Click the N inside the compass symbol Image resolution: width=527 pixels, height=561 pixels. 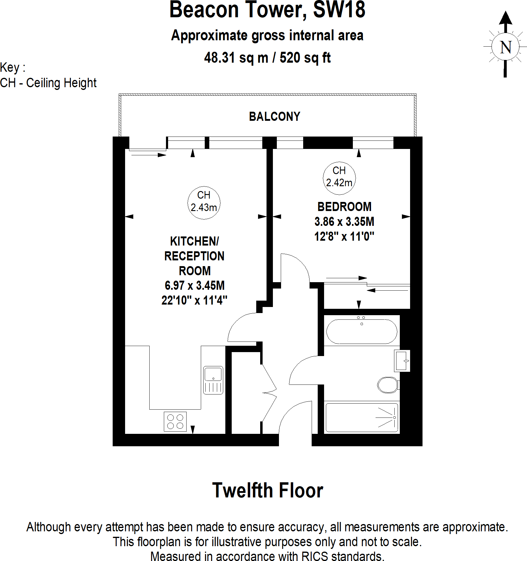click(505, 48)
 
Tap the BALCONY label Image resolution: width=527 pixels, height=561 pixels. click(274, 117)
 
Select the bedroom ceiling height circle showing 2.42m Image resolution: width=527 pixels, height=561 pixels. click(339, 178)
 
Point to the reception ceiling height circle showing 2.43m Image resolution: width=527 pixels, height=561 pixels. click(204, 203)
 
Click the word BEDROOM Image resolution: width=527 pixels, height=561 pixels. click(344, 207)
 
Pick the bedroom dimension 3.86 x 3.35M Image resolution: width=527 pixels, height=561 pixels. click(344, 222)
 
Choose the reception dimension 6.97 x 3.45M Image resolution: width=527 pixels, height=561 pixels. click(194, 285)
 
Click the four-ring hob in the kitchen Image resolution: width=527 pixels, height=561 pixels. click(175, 421)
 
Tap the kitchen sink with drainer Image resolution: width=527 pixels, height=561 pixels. click(213, 380)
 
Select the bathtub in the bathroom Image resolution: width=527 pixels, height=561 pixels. click(362, 332)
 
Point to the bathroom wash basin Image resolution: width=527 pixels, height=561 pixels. click(402, 361)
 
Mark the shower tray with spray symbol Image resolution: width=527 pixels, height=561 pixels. click(362, 417)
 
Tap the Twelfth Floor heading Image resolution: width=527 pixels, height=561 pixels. click(267, 490)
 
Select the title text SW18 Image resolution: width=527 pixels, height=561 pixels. click(339, 10)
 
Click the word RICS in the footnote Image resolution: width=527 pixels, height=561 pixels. click(314, 556)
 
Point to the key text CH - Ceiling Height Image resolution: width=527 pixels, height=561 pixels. click(48, 83)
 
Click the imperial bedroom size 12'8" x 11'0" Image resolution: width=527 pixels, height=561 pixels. click(344, 236)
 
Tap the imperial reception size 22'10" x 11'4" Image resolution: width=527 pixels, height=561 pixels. click(194, 300)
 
